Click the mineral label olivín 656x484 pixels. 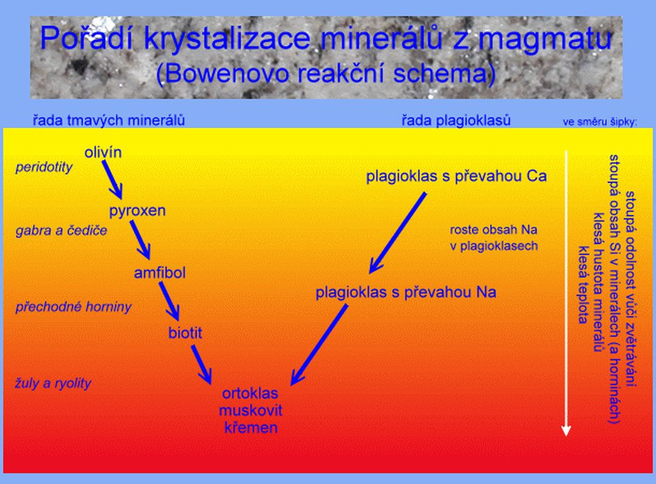tap(103, 152)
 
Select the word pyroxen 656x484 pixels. tap(137, 211)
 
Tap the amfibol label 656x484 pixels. tap(160, 273)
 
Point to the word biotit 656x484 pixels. tap(185, 333)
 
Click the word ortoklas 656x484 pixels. tap(250, 394)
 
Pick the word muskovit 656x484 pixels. tap(251, 411)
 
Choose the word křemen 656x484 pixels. tap(251, 428)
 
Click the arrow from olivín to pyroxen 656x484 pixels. tap(112, 180)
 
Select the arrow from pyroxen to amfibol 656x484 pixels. tap(140, 240)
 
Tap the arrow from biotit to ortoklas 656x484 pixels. tap(201, 364)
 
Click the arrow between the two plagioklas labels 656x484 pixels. tap(397, 233)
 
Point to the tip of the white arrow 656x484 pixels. tap(566, 436)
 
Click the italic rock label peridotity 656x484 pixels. tap(44, 168)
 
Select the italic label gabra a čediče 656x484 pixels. tap(61, 231)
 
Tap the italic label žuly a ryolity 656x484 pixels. tap(53, 383)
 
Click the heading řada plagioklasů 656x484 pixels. tap(456, 120)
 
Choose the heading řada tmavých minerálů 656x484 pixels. tap(109, 120)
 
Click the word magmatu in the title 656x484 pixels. tap(545, 39)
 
